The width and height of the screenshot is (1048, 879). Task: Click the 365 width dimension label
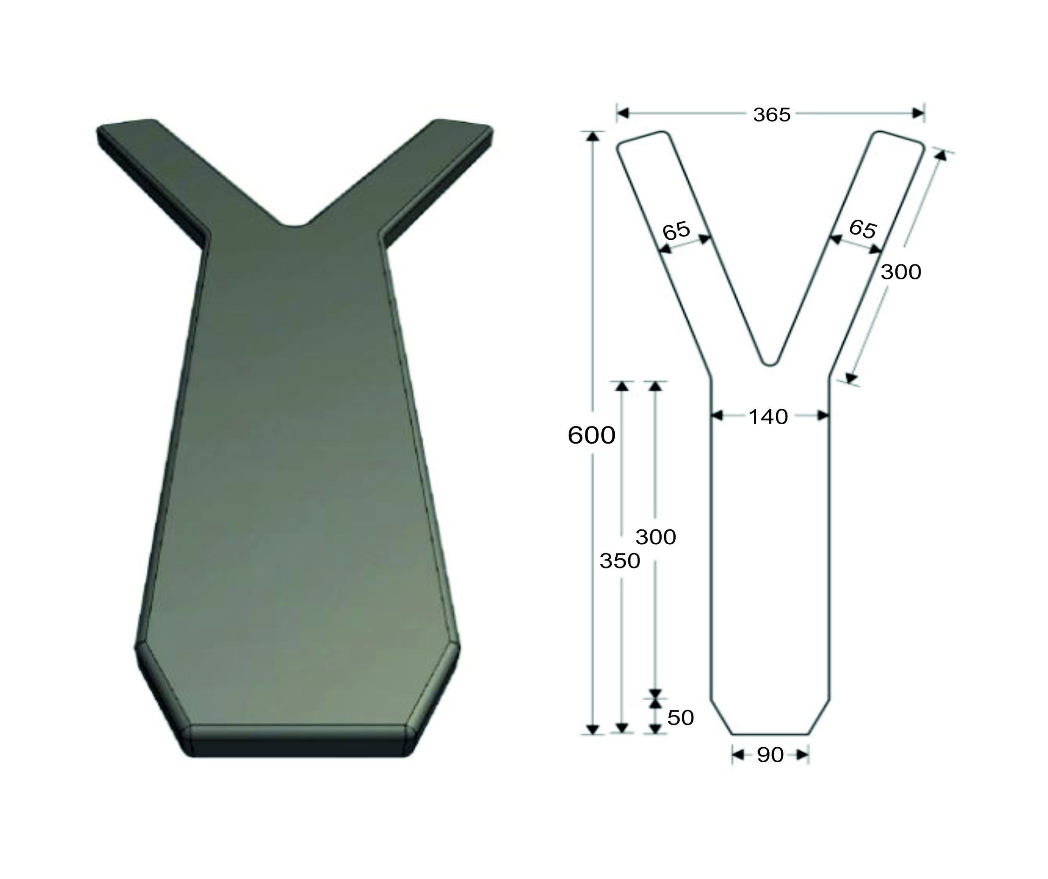click(772, 115)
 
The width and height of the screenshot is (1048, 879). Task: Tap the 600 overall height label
click(591, 435)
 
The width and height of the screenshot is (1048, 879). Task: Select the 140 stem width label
click(768, 416)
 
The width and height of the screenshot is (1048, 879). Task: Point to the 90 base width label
click(770, 755)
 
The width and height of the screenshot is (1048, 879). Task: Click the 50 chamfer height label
click(681, 718)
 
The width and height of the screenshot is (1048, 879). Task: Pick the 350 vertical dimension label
click(620, 561)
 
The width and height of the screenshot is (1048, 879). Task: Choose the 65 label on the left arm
click(676, 231)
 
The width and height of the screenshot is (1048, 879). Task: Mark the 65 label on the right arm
click(863, 229)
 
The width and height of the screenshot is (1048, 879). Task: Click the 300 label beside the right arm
click(901, 272)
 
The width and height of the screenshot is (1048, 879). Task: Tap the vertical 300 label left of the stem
click(656, 537)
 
